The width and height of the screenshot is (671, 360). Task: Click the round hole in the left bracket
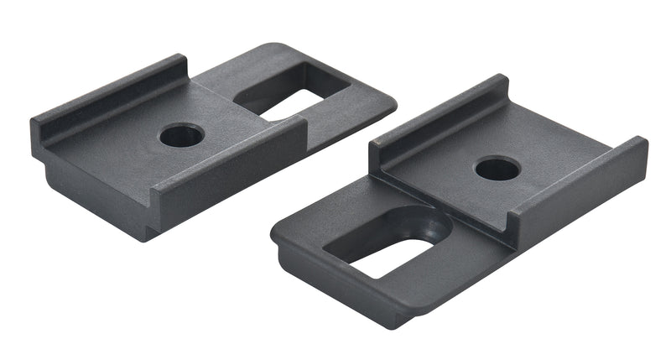click(181, 134)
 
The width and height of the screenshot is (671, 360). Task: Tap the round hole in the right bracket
click(497, 169)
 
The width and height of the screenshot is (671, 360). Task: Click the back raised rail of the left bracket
click(109, 97)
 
